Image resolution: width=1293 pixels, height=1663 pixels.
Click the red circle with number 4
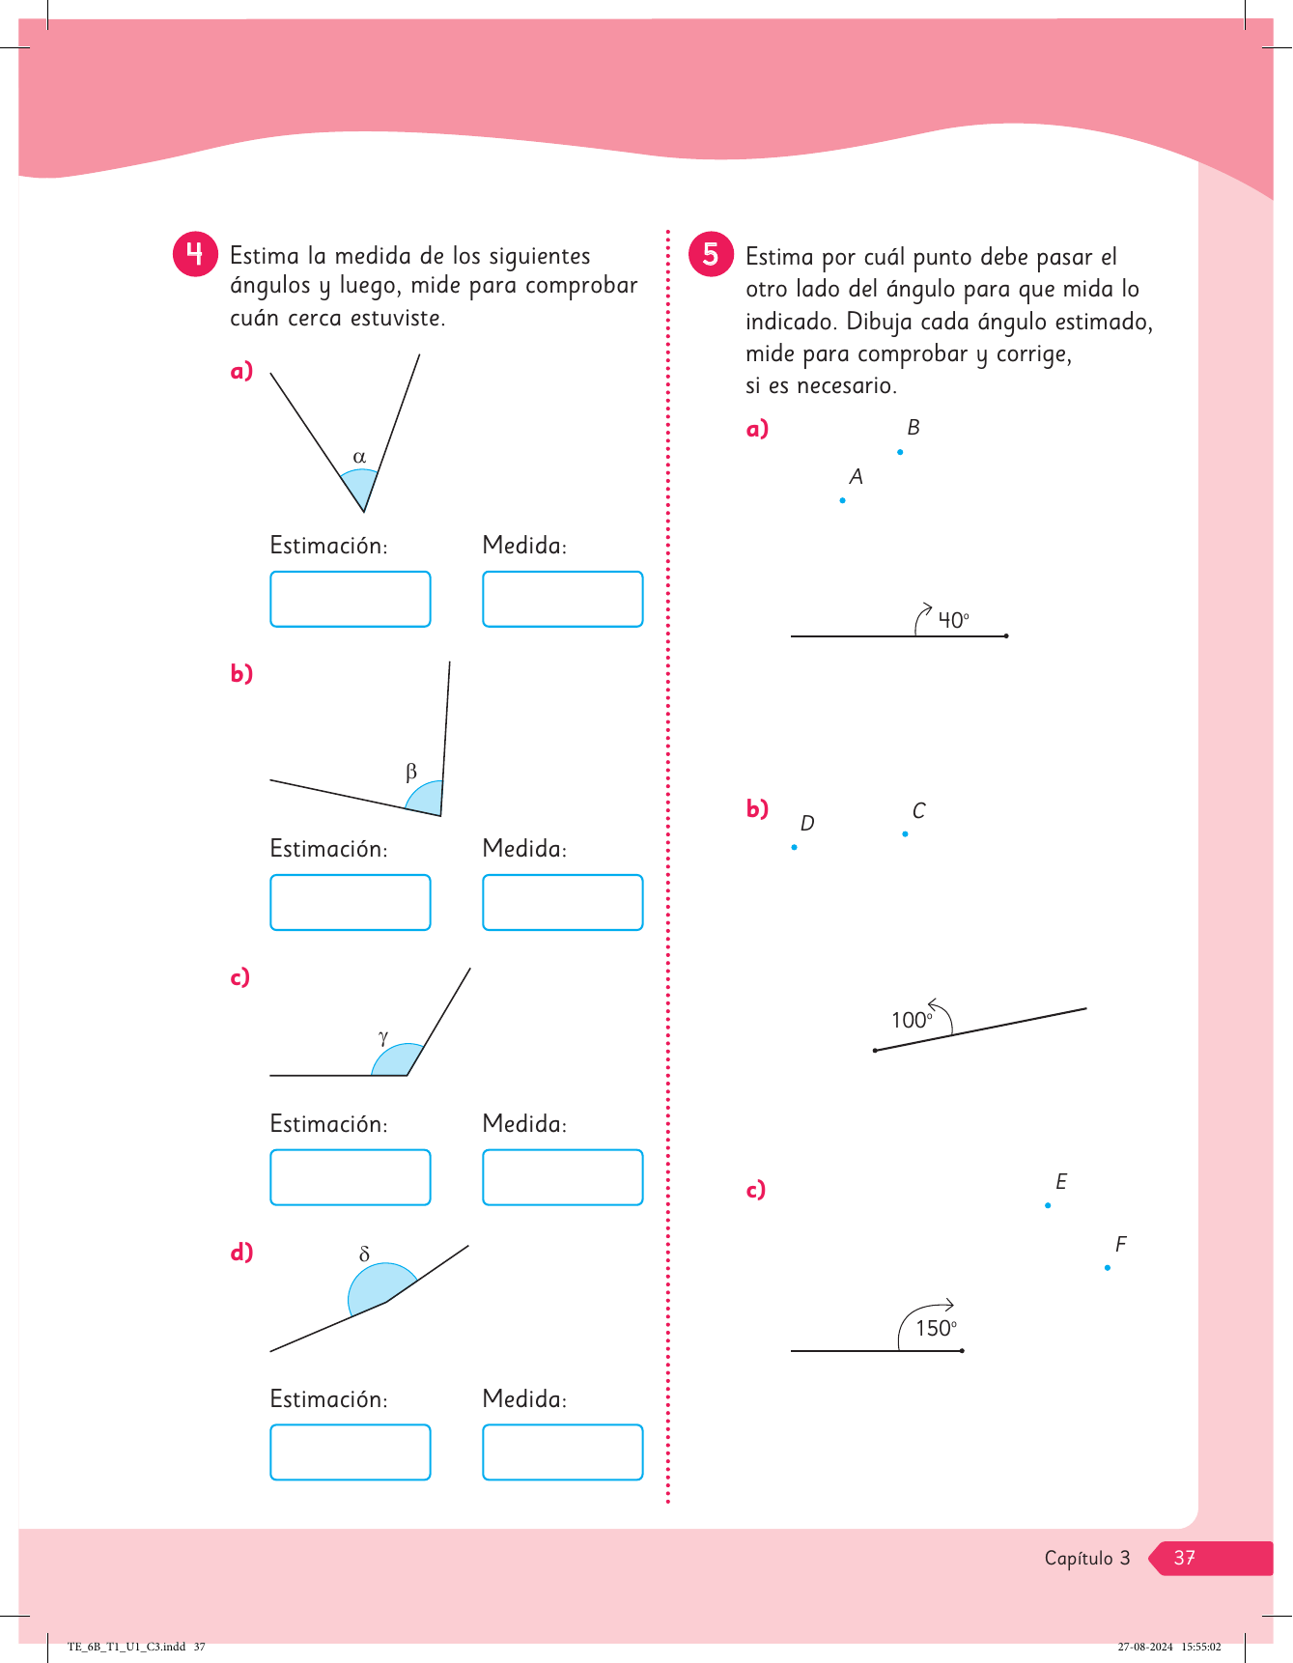coord(195,254)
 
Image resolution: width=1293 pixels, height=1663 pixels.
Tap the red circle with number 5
coord(711,254)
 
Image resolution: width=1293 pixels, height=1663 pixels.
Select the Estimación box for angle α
coord(350,599)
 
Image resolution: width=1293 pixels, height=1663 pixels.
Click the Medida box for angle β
coord(562,902)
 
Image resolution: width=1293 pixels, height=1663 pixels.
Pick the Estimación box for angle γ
coord(350,1177)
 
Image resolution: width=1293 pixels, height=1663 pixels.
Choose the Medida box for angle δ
coord(562,1452)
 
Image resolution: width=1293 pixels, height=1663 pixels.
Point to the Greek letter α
coord(359,457)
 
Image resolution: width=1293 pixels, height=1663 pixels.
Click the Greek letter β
coord(411,772)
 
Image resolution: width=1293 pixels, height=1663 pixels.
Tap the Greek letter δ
coord(364,1254)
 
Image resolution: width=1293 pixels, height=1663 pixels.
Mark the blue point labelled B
coord(900,452)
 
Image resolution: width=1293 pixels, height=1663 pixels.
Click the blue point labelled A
coord(843,500)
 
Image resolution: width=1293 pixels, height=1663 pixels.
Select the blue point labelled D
coord(794,847)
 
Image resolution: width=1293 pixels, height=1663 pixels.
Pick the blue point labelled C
coord(905,833)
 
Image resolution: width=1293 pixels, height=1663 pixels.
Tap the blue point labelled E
coord(1048,1205)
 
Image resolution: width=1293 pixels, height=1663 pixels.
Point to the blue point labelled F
coord(1108,1267)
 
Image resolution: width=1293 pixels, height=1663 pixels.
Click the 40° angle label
coord(953,620)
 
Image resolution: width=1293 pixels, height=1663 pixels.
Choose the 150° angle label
coord(936,1328)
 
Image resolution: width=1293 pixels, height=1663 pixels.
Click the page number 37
coord(1184,1558)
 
